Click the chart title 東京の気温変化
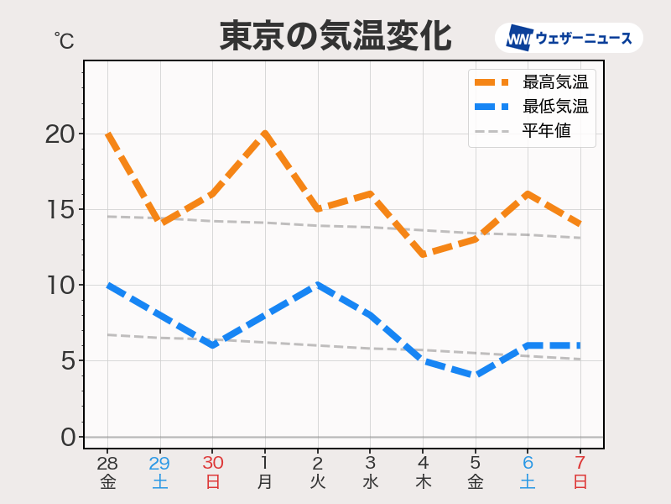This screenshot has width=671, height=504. (335, 36)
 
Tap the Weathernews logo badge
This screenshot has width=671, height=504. (569, 38)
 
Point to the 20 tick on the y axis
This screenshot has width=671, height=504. (60, 134)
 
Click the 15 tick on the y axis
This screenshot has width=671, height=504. (60, 209)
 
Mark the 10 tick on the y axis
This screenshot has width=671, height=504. (60, 285)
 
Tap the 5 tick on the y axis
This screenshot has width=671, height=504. (67, 361)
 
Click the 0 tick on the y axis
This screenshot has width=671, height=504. (67, 437)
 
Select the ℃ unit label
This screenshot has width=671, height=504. (64, 40)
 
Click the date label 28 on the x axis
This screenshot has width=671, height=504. (107, 463)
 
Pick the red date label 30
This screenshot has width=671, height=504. (212, 463)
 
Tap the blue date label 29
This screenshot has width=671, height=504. (159, 463)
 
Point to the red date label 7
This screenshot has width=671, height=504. (580, 463)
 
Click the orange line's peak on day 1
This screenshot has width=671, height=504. (265, 134)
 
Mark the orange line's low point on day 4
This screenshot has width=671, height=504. (423, 255)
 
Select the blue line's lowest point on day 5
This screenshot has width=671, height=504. (475, 375)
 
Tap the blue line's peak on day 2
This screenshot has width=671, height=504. (317, 286)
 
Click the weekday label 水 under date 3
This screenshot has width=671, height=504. (370, 482)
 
